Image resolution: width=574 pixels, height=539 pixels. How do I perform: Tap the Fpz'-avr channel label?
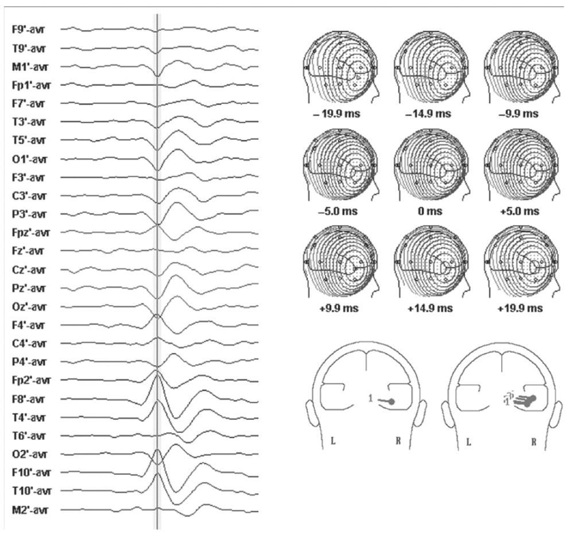pyautogui.click(x=31, y=233)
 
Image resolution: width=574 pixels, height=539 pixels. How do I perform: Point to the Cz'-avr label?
pyautogui.click(x=28, y=269)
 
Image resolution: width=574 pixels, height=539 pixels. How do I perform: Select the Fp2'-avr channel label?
pyautogui.click(x=31, y=380)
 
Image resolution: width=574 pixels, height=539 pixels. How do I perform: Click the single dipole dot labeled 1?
pyautogui.click(x=391, y=403)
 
